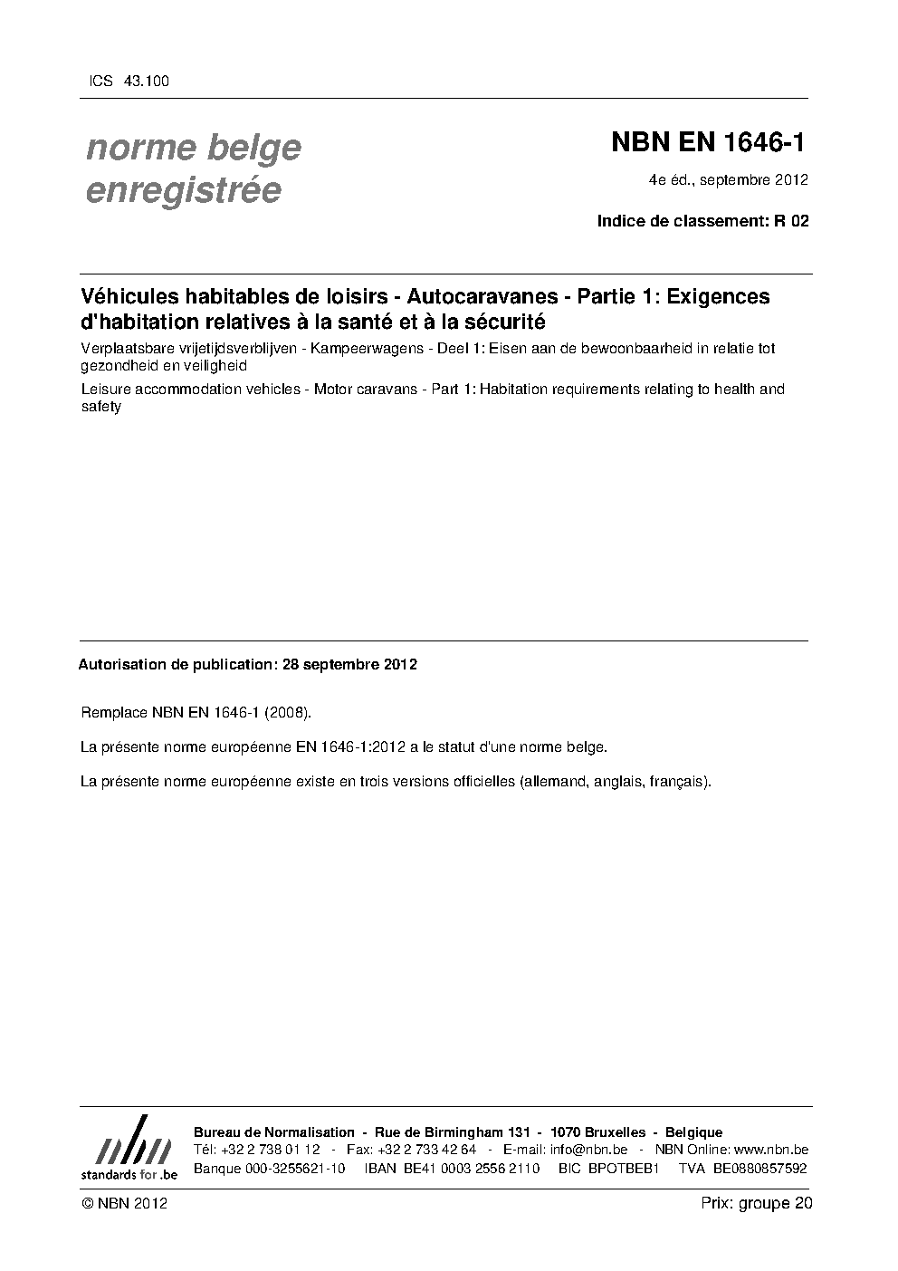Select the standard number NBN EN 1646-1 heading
709,142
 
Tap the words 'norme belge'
194,147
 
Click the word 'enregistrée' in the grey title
183,190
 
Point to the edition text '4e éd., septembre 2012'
729,179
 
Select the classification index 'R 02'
790,220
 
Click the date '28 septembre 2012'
349,664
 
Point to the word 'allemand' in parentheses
554,781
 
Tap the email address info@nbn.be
588,1150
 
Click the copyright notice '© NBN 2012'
124,1204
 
